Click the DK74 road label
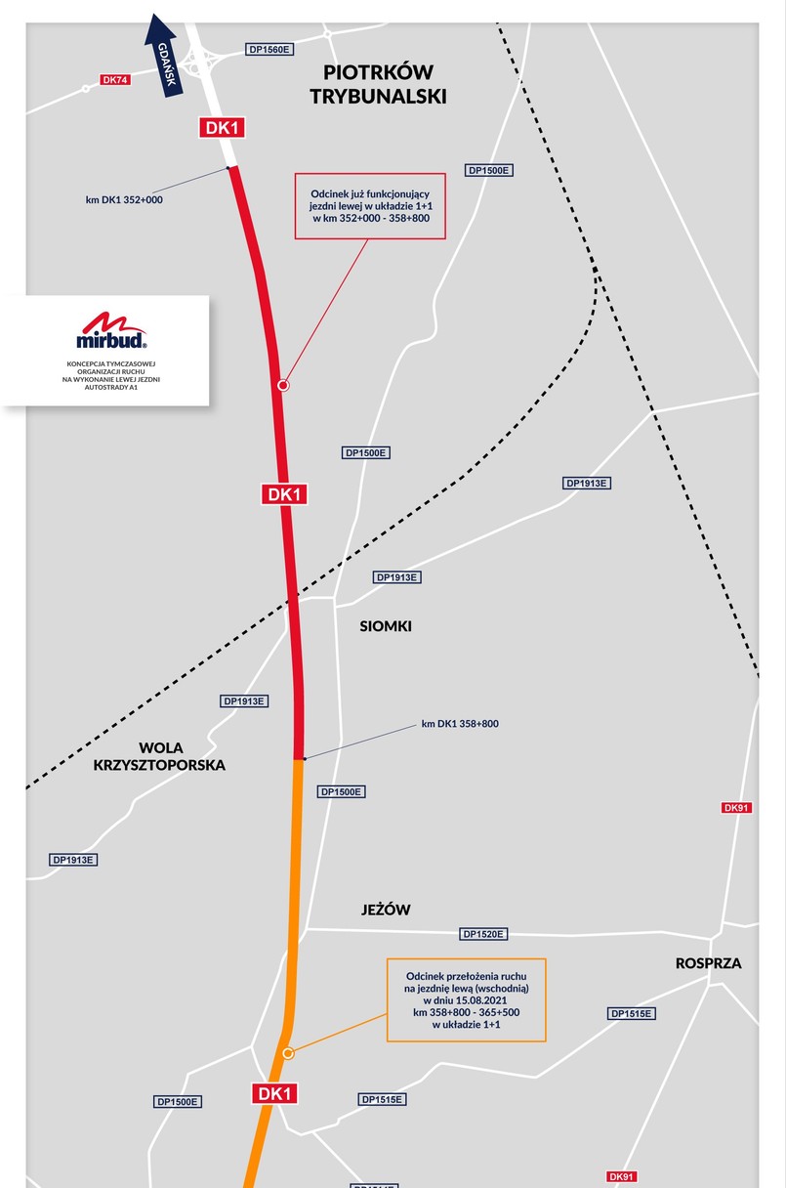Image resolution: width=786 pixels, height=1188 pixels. [x=115, y=80]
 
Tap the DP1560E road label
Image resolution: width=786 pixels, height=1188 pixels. [x=270, y=49]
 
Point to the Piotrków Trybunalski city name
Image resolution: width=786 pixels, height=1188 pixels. [x=377, y=85]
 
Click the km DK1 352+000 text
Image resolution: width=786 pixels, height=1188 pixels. [x=124, y=200]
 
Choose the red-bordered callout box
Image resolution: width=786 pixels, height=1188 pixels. [x=370, y=206]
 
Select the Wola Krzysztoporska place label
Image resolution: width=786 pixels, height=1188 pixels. [x=159, y=756]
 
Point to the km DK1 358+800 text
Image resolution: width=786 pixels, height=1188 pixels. [x=460, y=724]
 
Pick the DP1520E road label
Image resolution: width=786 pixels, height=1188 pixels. [x=483, y=934]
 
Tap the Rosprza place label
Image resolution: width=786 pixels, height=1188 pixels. [x=708, y=963]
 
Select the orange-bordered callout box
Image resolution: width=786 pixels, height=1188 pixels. [x=466, y=999]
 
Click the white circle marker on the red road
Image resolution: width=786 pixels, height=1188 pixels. [x=283, y=386]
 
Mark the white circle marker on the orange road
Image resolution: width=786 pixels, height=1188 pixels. [x=288, y=1053]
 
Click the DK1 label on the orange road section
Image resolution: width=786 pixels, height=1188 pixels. [x=274, y=1094]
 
